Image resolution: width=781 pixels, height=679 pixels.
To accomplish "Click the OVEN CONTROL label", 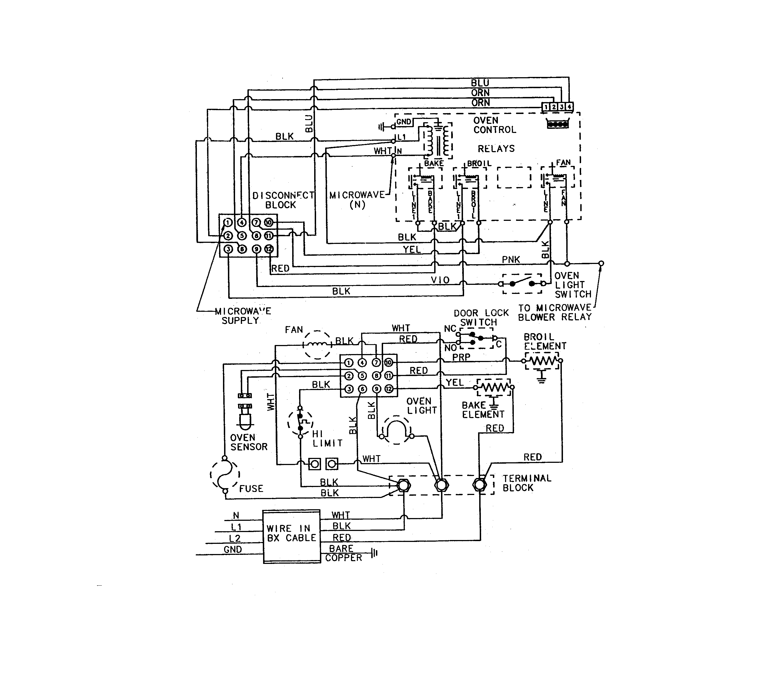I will point(494,125).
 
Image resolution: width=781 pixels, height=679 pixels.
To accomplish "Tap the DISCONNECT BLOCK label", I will point(283,200).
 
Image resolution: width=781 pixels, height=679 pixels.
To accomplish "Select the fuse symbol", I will point(225,474).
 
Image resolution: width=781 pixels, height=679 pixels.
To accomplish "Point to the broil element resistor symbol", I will point(542,360).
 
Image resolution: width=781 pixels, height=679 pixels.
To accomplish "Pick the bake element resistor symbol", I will point(493,387).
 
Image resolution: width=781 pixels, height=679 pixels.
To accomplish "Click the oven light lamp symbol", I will point(397,431).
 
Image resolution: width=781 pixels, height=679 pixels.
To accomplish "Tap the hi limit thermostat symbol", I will point(301,422).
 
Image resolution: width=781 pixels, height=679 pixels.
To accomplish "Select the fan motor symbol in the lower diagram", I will point(317,344).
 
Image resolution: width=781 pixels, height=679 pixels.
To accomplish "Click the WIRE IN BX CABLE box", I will point(292,536).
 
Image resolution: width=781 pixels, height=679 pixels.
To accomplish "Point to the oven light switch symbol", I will point(522,283).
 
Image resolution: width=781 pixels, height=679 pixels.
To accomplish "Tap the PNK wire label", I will point(511,260).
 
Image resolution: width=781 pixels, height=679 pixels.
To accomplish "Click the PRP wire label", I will point(461,357).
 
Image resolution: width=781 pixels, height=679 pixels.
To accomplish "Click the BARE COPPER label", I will point(343,553).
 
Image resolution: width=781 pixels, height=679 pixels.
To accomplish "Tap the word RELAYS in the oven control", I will point(496,149).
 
